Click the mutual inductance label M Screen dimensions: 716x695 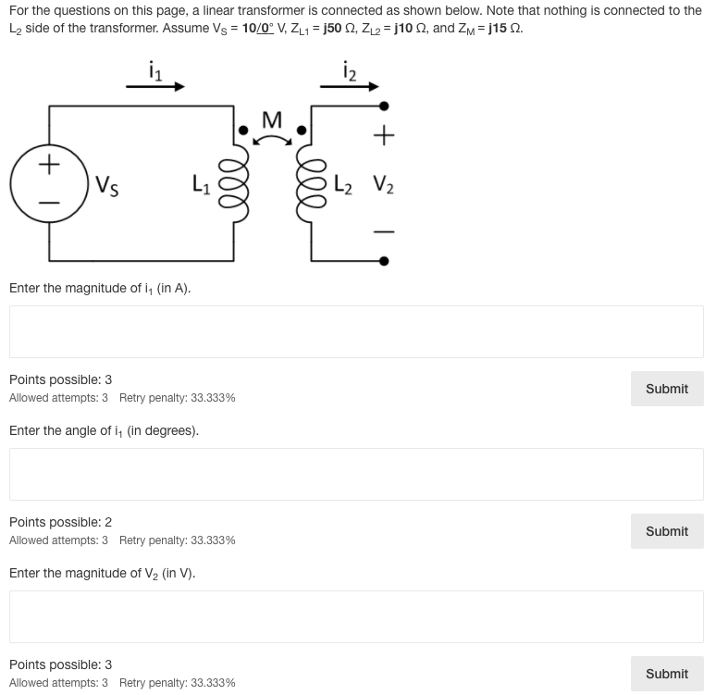point(271,120)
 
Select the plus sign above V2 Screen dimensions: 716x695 point(385,137)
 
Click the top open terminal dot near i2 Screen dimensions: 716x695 point(385,106)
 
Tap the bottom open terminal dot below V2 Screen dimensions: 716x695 point(385,260)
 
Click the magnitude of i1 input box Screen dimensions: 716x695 point(356,331)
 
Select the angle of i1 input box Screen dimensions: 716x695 point(356,474)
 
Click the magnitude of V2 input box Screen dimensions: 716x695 point(356,616)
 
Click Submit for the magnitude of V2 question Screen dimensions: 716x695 point(666,674)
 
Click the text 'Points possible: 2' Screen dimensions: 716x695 point(60,522)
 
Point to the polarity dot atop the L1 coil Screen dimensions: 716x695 point(243,130)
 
